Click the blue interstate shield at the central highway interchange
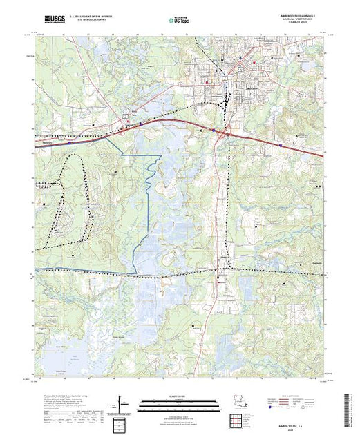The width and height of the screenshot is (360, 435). [214, 130]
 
